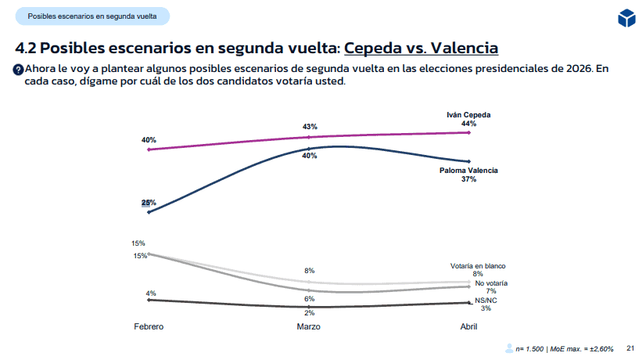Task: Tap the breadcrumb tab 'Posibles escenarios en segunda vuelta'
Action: pos(92,16)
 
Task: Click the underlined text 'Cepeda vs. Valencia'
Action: pos(421,48)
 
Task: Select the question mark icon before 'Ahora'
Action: pos(17,70)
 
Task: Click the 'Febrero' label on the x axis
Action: pos(148,326)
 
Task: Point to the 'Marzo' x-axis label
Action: pos(309,326)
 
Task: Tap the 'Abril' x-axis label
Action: pos(468,326)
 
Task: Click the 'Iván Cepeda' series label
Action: pos(468,114)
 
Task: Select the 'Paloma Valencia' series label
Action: pos(468,170)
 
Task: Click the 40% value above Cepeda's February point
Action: pos(149,140)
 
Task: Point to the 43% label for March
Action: pos(310,127)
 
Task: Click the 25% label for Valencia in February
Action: pos(149,203)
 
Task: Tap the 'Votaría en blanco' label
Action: pos(478,265)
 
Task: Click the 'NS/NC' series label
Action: pos(485,300)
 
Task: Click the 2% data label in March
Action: pos(310,312)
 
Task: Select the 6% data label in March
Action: pos(310,298)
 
